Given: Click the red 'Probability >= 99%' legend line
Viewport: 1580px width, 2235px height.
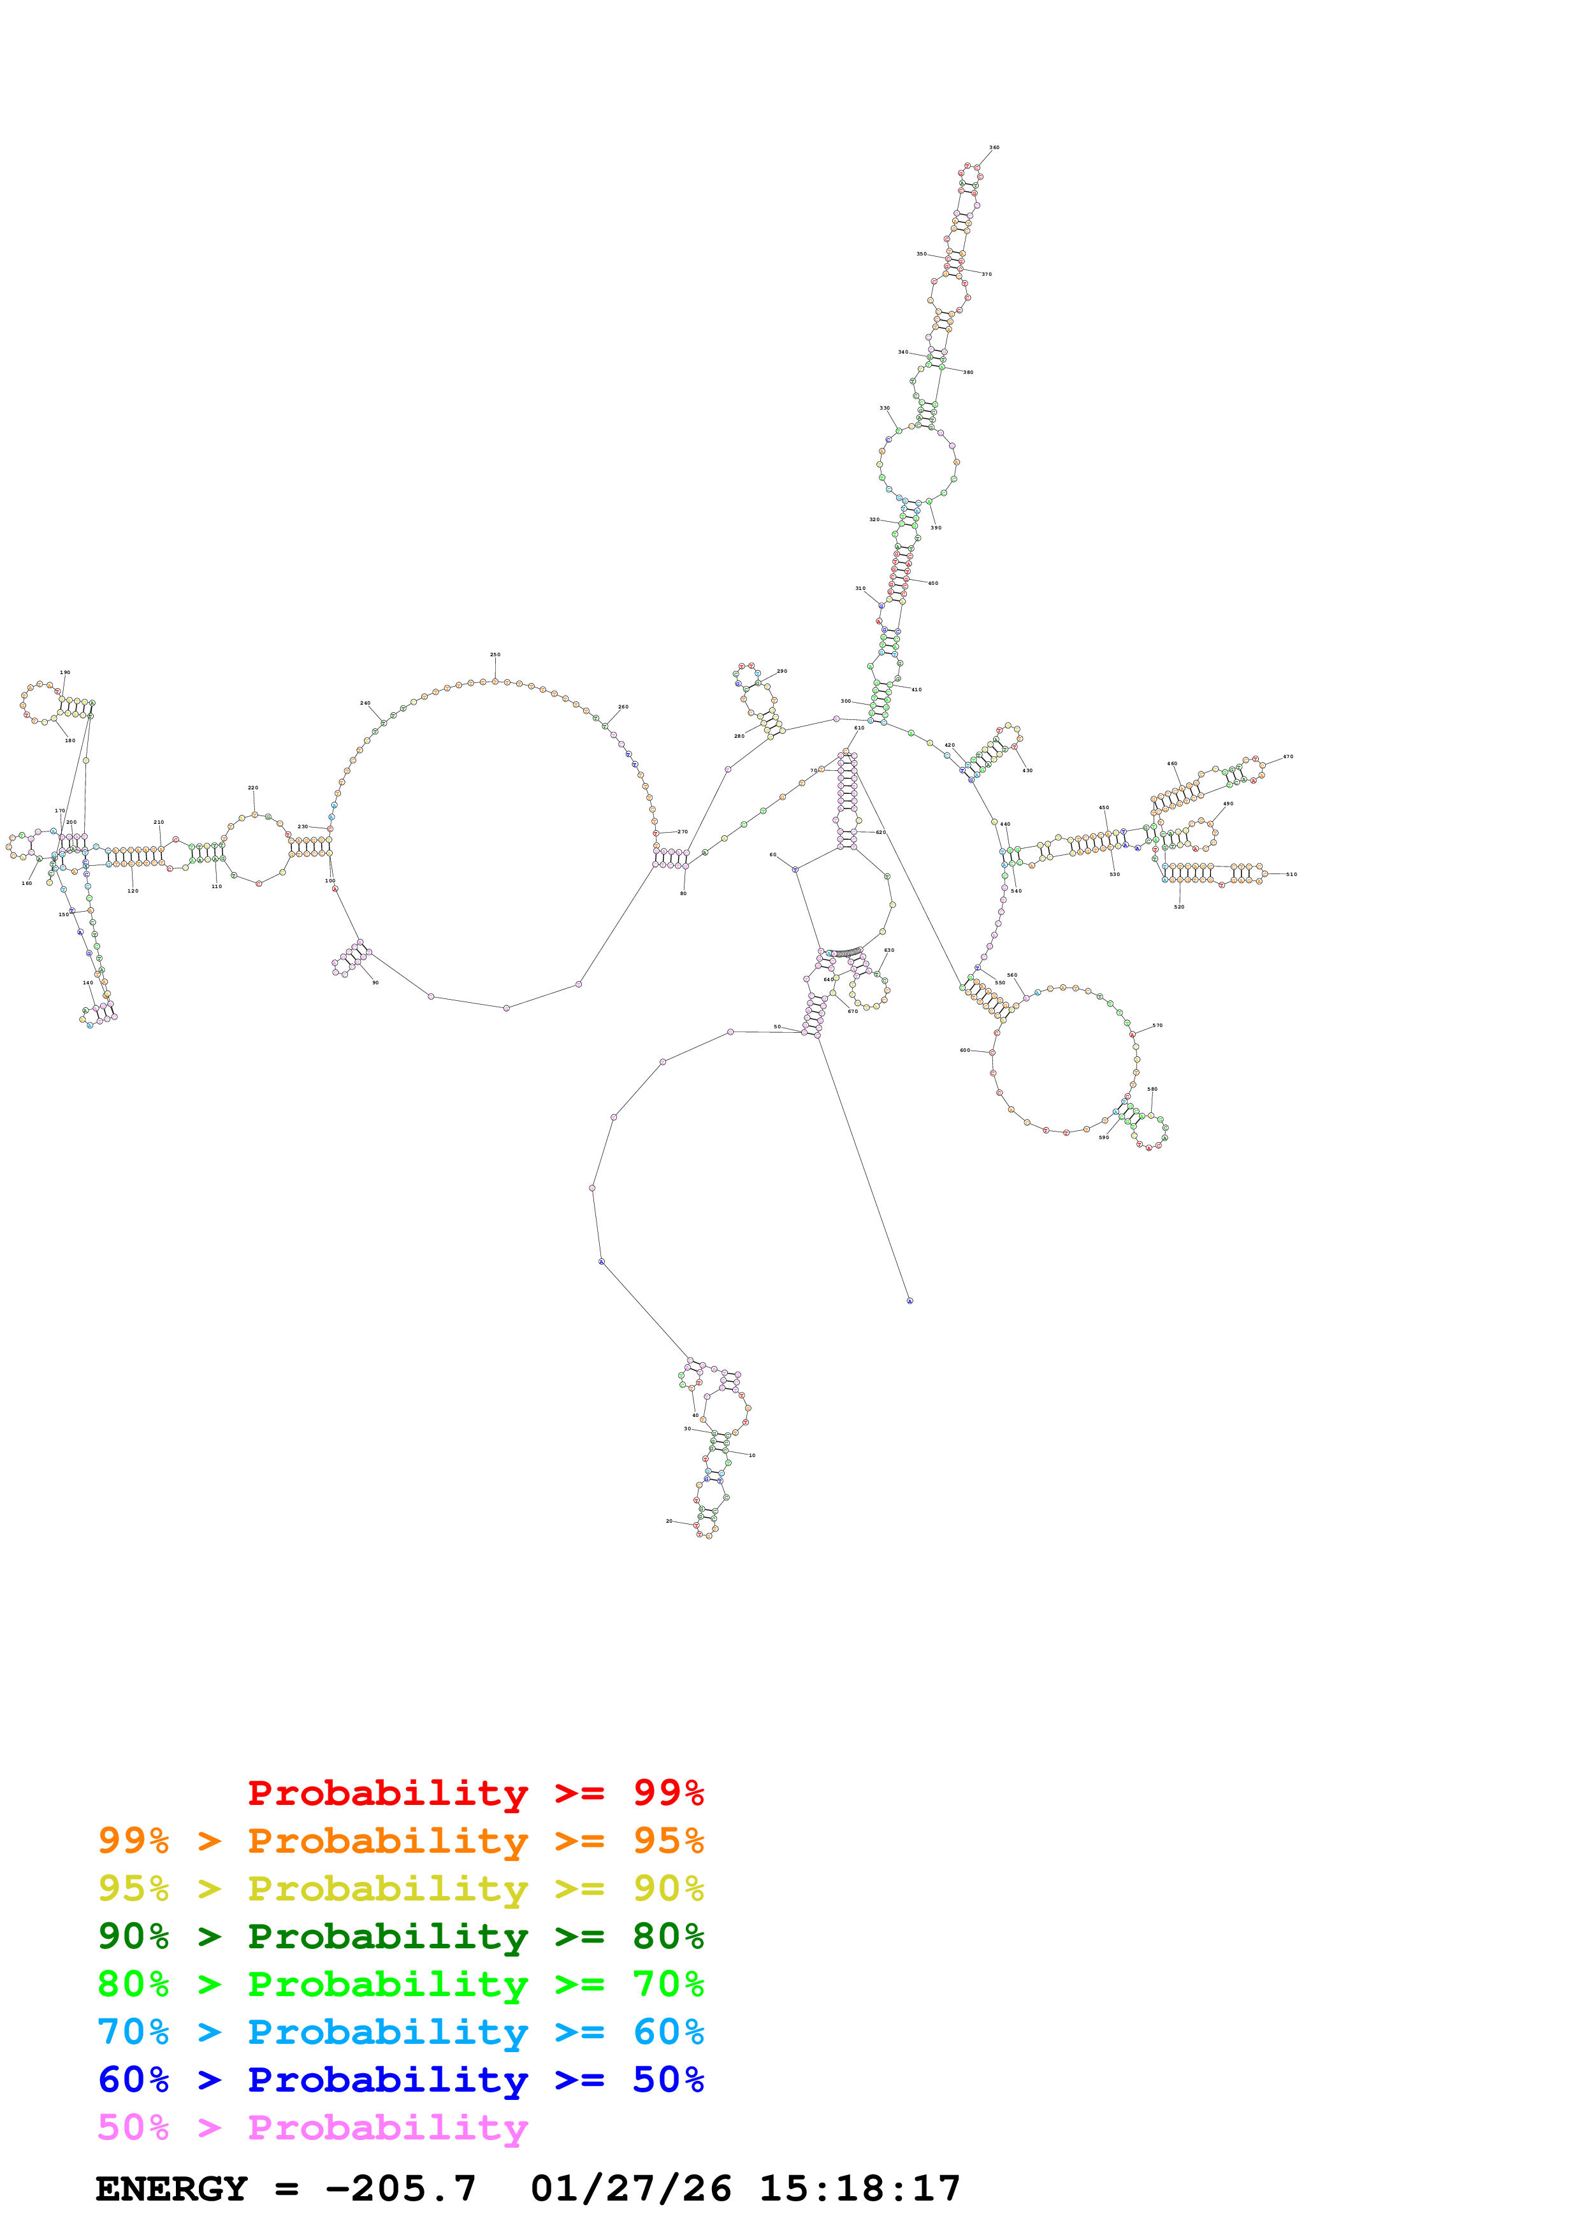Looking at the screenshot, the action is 475,1793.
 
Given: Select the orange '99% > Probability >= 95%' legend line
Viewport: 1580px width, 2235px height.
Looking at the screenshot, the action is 400,1841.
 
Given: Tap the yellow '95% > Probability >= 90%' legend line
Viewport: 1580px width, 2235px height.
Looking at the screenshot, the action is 400,1888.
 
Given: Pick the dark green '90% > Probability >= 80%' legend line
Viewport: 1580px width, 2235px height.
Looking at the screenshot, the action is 400,1936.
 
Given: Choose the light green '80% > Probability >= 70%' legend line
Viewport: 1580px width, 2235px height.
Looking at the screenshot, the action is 400,1984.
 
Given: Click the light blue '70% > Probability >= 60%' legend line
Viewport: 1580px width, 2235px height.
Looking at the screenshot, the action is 400,2032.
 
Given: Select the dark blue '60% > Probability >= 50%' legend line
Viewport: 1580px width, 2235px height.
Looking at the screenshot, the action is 400,2080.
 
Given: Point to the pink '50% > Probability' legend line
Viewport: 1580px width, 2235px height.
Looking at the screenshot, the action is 312,2127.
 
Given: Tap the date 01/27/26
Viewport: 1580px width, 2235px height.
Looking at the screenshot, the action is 631,2188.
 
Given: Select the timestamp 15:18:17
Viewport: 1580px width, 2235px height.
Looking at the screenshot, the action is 860,2188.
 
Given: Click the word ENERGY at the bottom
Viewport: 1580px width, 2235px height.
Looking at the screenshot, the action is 171,2188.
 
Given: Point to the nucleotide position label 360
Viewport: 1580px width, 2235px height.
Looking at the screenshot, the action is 994,148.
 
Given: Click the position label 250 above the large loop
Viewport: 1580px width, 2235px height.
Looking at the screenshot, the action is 495,655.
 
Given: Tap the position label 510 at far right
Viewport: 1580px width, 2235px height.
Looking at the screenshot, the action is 1291,874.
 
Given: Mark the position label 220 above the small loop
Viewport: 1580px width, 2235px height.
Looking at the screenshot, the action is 253,787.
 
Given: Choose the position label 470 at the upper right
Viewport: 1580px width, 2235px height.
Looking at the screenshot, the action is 1288,756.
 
